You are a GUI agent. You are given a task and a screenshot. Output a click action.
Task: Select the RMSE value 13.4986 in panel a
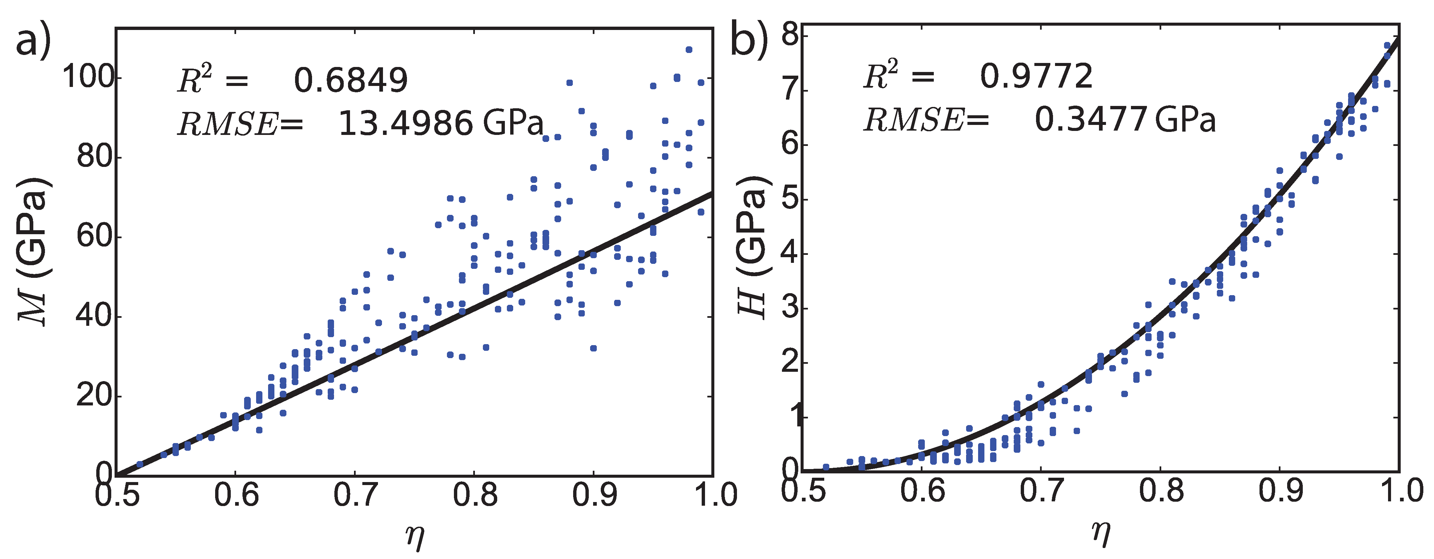(x=406, y=123)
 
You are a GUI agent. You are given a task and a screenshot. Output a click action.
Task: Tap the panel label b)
(x=749, y=38)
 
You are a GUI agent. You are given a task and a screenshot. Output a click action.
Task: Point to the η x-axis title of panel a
(x=415, y=536)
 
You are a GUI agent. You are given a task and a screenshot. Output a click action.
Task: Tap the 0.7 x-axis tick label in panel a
(x=355, y=494)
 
